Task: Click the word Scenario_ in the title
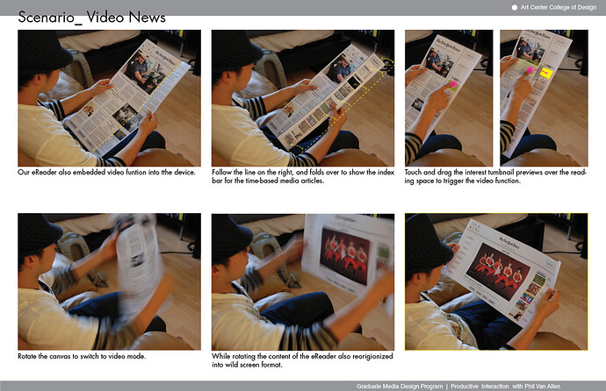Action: click(x=50, y=18)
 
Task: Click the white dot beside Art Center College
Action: click(x=515, y=7)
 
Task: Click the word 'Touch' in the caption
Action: click(x=413, y=173)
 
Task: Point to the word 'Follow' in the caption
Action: click(x=222, y=173)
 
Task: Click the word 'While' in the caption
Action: click(x=220, y=356)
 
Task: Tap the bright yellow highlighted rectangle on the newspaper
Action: click(x=545, y=73)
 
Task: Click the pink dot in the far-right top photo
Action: click(x=530, y=70)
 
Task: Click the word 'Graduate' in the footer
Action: click(x=368, y=386)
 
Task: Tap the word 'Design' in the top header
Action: click(x=587, y=7)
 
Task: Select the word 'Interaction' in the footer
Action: click(x=495, y=386)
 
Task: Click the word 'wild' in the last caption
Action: click(x=232, y=365)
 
